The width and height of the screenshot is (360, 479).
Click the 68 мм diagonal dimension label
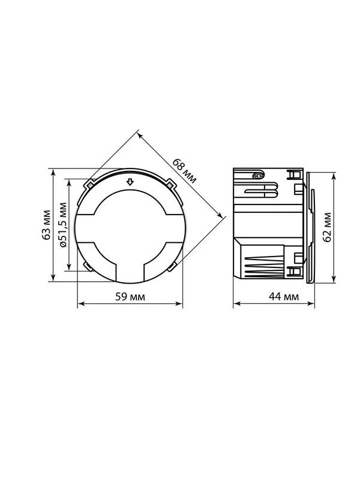[x=184, y=170]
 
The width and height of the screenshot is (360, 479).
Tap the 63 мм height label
[x=46, y=225]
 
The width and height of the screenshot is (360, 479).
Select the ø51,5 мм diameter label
[x=63, y=225]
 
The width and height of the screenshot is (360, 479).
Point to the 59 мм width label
[x=130, y=297]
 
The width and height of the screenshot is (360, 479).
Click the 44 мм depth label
[x=284, y=297]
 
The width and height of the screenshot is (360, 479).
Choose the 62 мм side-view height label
[x=327, y=227]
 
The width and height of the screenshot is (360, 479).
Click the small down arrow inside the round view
[x=130, y=182]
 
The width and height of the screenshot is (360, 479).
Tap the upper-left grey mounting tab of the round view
[x=90, y=185]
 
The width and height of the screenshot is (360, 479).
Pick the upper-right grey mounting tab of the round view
[x=170, y=185]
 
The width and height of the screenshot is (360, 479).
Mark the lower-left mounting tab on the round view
[x=89, y=267]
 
